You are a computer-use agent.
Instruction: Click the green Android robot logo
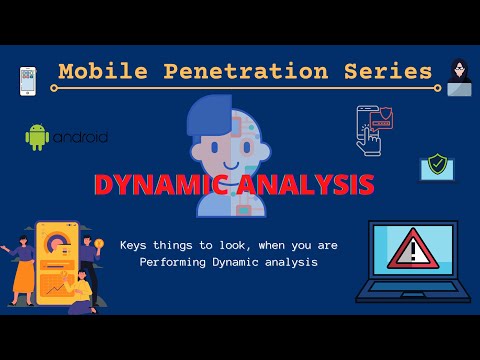click(x=38, y=137)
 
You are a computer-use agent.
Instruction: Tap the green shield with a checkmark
click(x=436, y=164)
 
